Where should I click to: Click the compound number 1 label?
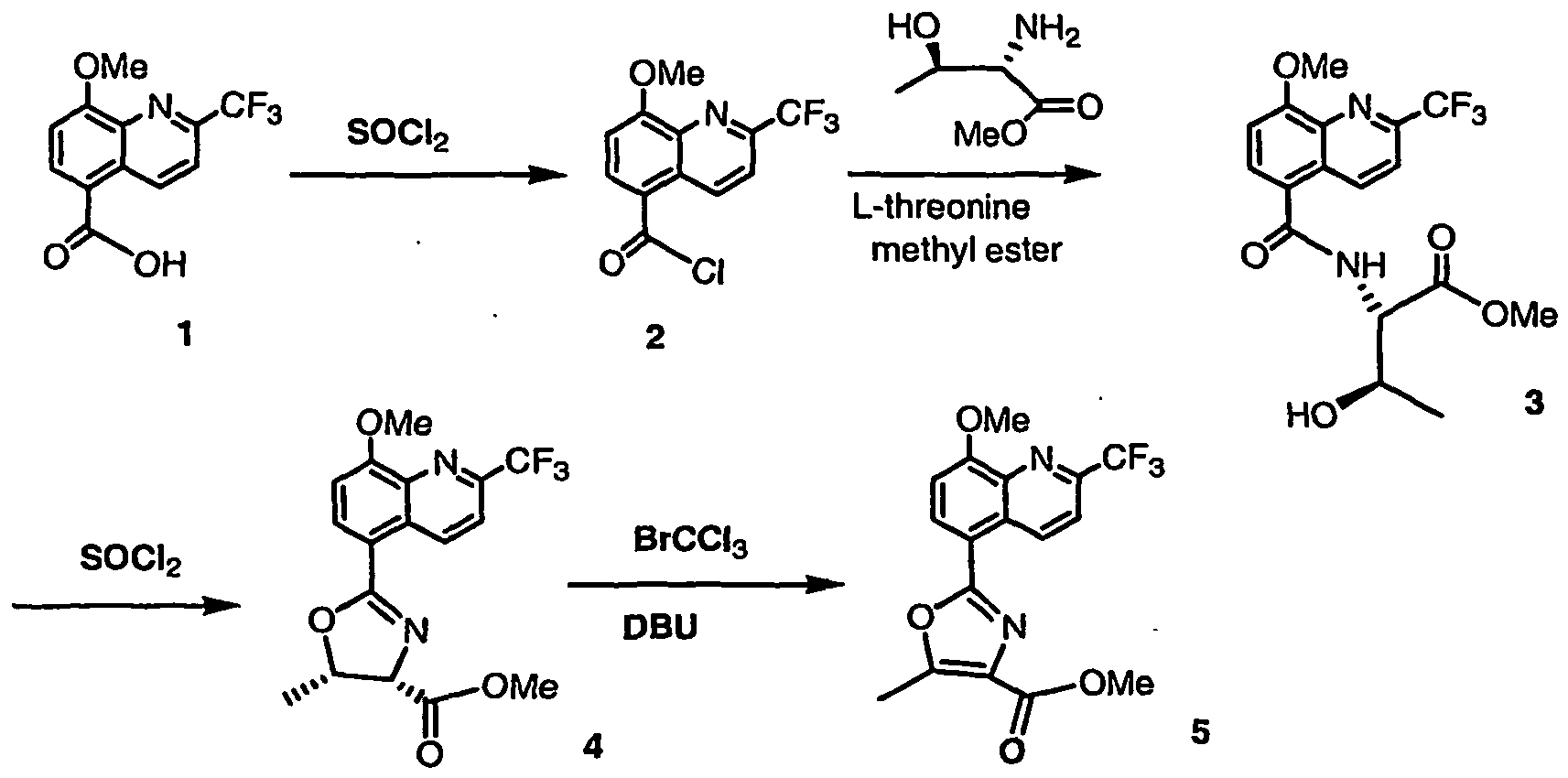click(185, 336)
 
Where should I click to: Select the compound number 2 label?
click(655, 337)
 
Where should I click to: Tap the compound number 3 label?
click(1533, 404)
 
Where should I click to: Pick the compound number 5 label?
click(1200, 732)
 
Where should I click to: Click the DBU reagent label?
click(660, 628)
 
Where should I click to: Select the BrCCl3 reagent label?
click(690, 541)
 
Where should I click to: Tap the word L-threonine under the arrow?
click(942, 207)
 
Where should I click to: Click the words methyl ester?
click(966, 250)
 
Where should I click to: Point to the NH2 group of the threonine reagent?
click(1047, 31)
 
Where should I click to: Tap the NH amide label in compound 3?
click(1361, 265)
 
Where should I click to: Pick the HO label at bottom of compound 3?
click(1312, 416)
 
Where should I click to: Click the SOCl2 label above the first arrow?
click(397, 135)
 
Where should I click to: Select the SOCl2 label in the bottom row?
click(130, 561)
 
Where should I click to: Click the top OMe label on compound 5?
click(993, 420)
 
